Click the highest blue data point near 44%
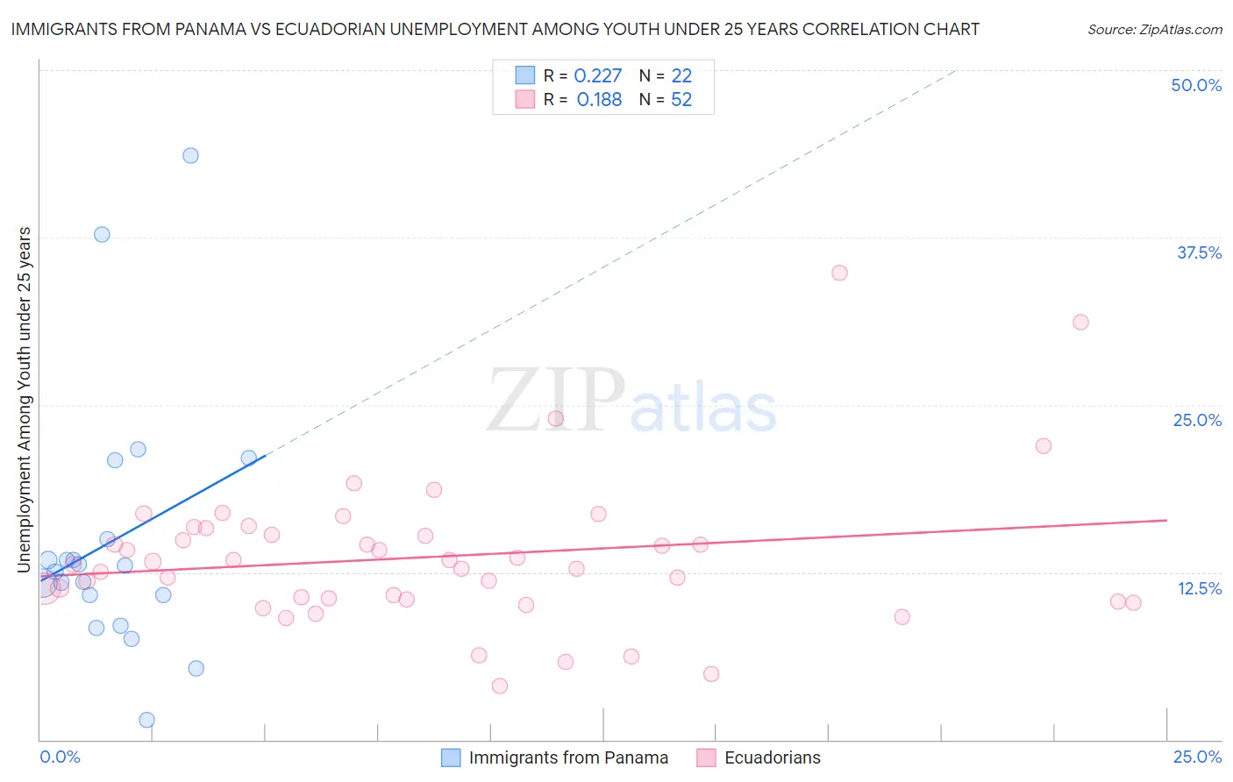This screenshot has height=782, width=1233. pyautogui.click(x=190, y=155)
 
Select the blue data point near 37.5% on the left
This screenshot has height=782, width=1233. pyautogui.click(x=102, y=234)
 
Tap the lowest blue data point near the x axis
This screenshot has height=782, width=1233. pyautogui.click(x=146, y=720)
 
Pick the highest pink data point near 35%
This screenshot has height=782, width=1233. pyautogui.click(x=839, y=273)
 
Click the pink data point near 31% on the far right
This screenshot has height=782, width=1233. pyautogui.click(x=1080, y=322)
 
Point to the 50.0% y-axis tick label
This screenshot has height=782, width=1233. pyautogui.click(x=1196, y=85)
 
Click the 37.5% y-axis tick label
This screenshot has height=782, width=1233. pyautogui.click(x=1199, y=252)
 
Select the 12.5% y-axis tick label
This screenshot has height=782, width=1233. pyautogui.click(x=1199, y=588)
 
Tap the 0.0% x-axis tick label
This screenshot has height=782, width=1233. pyautogui.click(x=60, y=757)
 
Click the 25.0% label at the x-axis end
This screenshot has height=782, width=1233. pyautogui.click(x=1197, y=757)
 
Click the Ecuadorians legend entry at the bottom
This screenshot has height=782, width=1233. pyautogui.click(x=772, y=757)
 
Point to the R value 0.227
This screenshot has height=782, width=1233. pyautogui.click(x=597, y=76)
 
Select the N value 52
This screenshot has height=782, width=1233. pyautogui.click(x=681, y=100)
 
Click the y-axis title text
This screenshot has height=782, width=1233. pyautogui.click(x=25, y=400)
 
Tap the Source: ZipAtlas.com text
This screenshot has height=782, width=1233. pyautogui.click(x=1154, y=30)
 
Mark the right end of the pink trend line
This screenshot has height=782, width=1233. pyautogui.click(x=1166, y=520)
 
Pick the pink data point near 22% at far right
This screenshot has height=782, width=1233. pyautogui.click(x=1043, y=445)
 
